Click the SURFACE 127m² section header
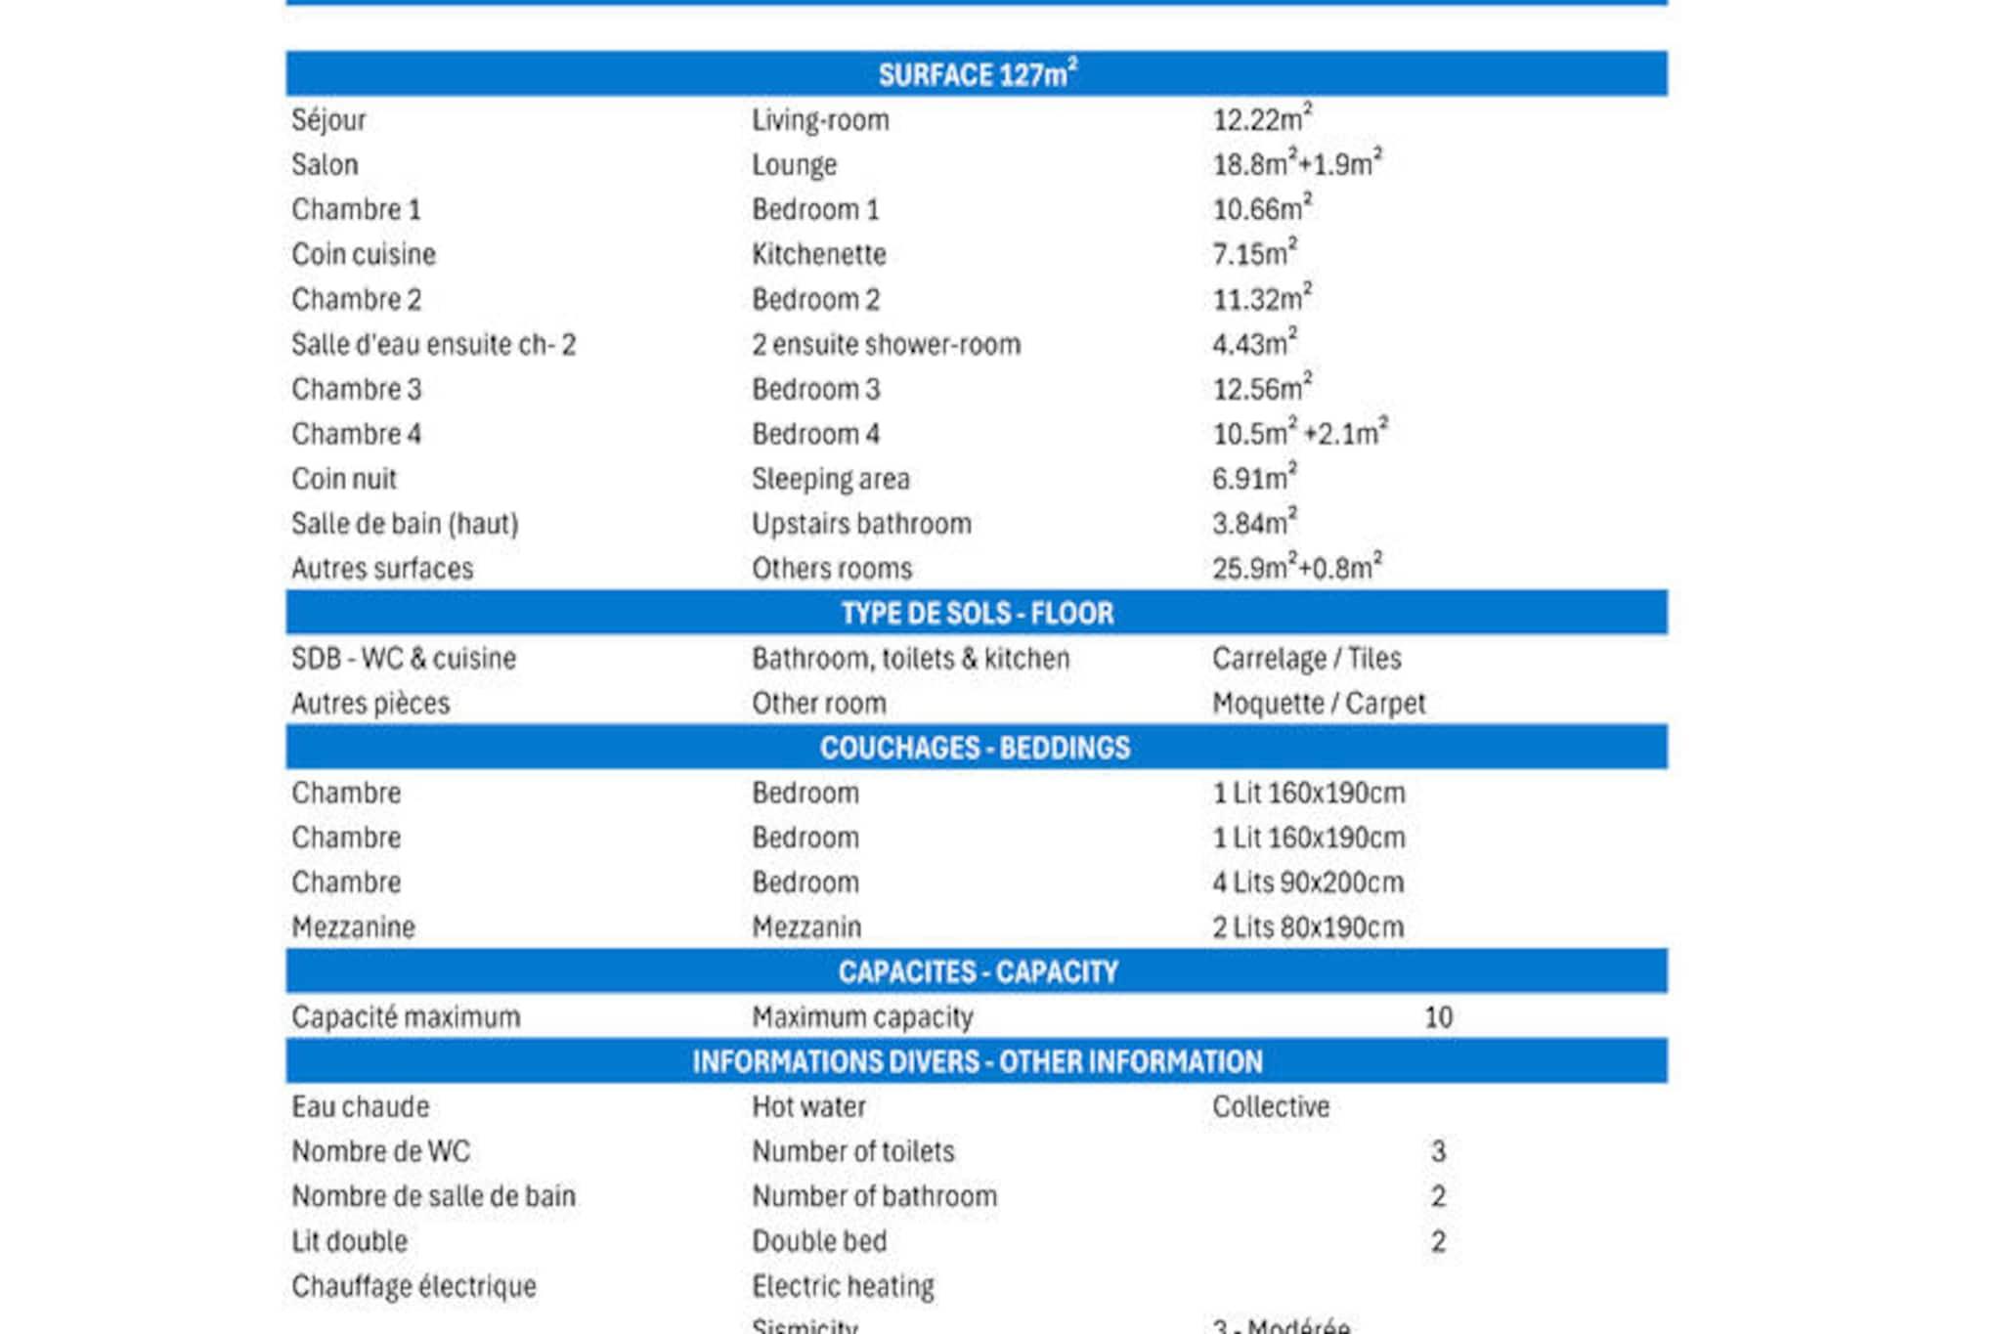[x=977, y=74]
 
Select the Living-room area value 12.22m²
[x=1261, y=119]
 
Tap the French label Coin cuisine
[x=364, y=254]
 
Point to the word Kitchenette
[x=818, y=254]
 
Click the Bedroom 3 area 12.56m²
[x=1261, y=389]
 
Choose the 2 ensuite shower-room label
[x=886, y=344]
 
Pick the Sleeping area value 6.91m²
[x=1253, y=479]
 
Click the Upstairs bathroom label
[x=861, y=524]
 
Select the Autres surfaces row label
[x=382, y=569]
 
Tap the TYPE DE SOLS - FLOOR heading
[x=977, y=613]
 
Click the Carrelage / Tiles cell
[x=1306, y=659]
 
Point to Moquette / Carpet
[x=1319, y=704]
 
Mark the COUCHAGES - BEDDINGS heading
[x=975, y=748]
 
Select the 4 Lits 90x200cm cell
[x=1308, y=882]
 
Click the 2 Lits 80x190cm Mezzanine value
[x=1308, y=927]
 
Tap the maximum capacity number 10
[x=1438, y=1017]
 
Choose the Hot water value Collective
[x=1271, y=1107]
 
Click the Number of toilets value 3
[x=1438, y=1152]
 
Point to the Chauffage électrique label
[x=413, y=1286]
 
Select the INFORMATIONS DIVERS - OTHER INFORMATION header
[x=977, y=1061]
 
